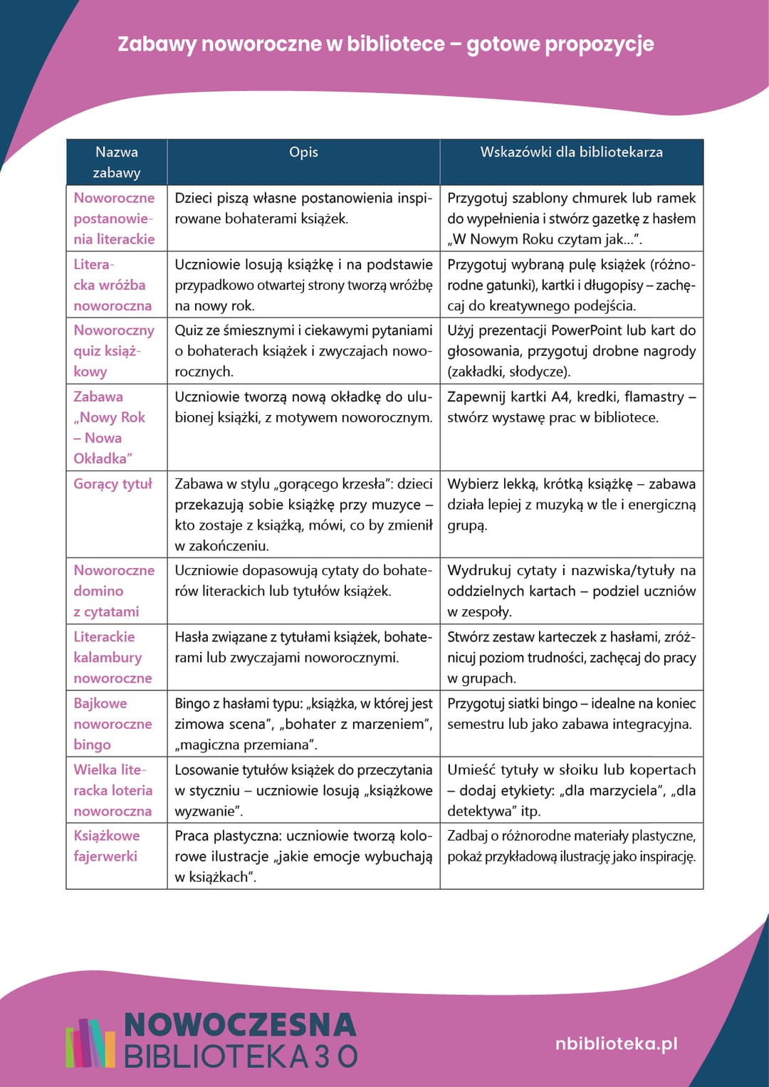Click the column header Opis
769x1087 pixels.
click(303, 152)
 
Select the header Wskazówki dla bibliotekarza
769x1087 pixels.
click(571, 152)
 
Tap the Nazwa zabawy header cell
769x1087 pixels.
click(117, 162)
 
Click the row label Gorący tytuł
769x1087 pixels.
click(113, 484)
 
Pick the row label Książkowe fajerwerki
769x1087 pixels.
click(106, 846)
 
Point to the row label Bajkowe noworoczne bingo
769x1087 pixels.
click(113, 723)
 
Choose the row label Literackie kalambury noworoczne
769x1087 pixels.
click(113, 657)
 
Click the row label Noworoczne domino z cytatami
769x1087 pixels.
click(114, 591)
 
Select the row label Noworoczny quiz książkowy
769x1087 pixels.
click(114, 351)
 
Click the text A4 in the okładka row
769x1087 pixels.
click(560, 397)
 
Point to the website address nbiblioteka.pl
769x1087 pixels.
click(616, 1044)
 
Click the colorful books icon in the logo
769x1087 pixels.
click(90, 1043)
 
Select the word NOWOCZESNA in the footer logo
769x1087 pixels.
click(240, 1025)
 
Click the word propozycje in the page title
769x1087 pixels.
click(597, 44)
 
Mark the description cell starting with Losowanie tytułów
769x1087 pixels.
click(303, 790)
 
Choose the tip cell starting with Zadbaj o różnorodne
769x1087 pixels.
click(571, 846)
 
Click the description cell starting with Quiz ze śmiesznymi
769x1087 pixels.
click(303, 351)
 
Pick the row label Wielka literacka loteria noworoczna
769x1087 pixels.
click(113, 790)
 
